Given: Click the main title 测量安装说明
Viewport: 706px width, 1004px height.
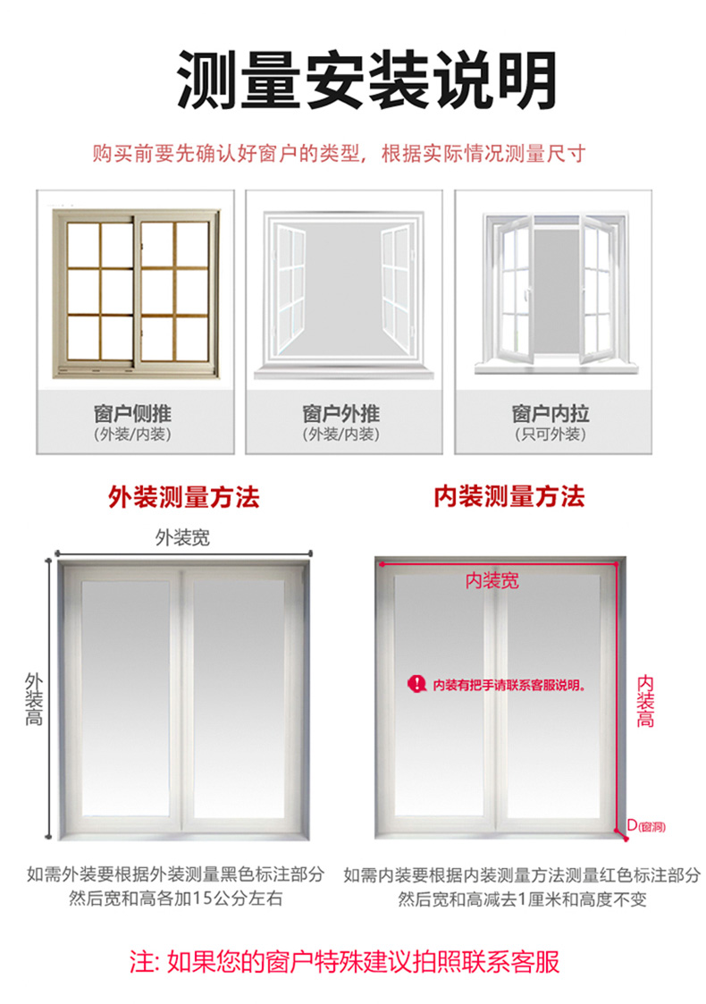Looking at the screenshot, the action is coord(366,80).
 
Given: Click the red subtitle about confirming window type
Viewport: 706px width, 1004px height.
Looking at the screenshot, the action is coord(340,154).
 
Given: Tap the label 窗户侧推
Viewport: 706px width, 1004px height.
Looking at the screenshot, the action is coord(132,413).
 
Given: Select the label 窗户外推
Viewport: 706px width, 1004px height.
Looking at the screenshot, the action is coord(341,413).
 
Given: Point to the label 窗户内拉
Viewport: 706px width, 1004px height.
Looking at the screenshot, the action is coord(551,413).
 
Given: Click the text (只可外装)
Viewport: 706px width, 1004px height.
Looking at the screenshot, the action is coord(551,435).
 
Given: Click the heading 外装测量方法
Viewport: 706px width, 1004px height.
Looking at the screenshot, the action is coord(184,497).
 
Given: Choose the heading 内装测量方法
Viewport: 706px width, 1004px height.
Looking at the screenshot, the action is coord(509,497).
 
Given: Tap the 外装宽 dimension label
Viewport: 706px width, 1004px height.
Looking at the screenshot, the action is coord(182,537).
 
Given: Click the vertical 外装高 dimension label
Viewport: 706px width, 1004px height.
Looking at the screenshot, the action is coord(34,699).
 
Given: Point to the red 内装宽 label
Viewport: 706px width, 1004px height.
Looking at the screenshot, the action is coord(492,581).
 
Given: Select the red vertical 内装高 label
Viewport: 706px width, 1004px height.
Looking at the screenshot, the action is coord(645,701).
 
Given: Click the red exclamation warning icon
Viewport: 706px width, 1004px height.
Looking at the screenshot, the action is coord(416,684).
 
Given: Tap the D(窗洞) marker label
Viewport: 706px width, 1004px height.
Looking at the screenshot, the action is coord(646,826).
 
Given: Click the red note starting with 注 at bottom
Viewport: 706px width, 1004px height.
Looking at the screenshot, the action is coord(345,961).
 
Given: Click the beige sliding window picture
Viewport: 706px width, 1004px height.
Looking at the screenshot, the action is coord(136,293).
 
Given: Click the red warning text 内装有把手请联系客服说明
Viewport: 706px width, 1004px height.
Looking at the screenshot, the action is coord(509,685).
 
